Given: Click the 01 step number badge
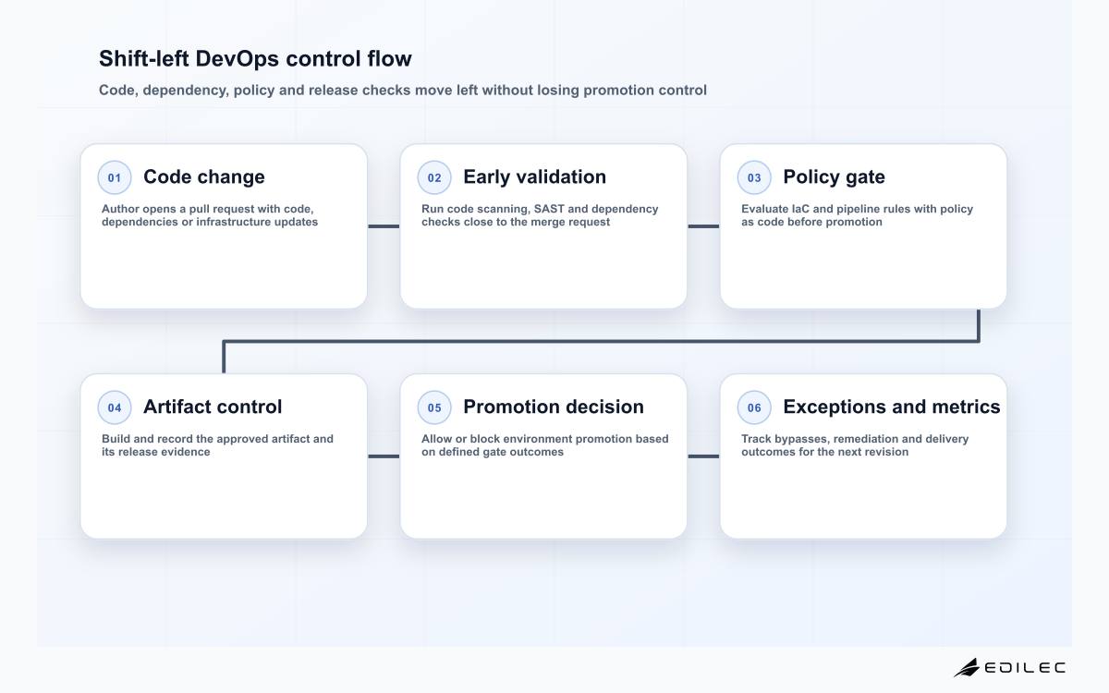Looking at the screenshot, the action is point(115,177).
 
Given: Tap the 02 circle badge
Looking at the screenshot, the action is point(434,177).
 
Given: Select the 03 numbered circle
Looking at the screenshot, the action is point(754,177).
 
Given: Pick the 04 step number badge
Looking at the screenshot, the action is point(115,407).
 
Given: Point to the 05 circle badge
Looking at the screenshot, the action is point(434,407).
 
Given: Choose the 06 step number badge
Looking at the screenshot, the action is point(754,407).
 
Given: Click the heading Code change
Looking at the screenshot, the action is point(204,177).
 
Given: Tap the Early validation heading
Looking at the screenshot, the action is point(535,177).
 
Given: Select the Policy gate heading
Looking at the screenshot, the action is point(834,177).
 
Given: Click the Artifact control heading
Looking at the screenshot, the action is point(213,407).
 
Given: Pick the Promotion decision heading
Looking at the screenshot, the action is point(554,407).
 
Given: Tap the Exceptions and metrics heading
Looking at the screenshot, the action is point(892,407).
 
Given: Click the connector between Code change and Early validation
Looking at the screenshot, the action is point(384,226).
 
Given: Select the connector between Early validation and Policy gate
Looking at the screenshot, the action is point(703,226).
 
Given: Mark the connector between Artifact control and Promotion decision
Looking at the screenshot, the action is point(384,456).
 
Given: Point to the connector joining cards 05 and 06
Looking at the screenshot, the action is point(703,456).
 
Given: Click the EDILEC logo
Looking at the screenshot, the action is point(1009,667).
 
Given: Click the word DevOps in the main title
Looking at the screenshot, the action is point(238,59).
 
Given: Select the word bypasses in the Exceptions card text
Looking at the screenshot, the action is point(801,439).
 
